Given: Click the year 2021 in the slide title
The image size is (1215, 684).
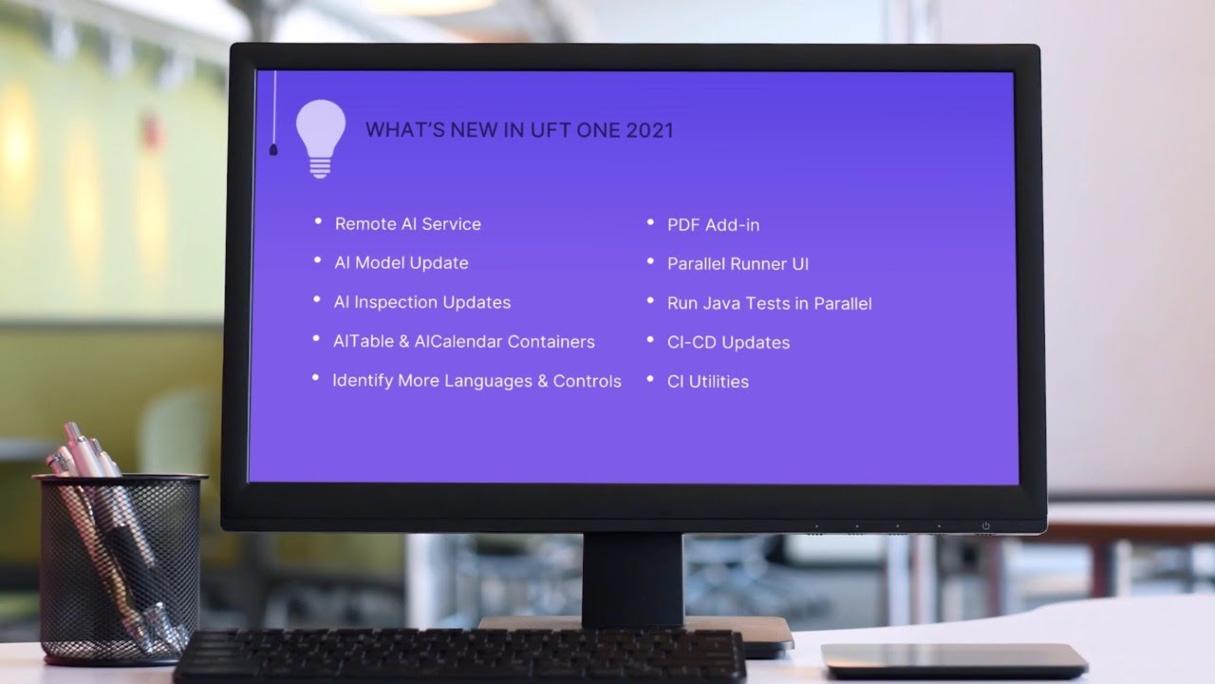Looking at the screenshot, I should tap(649, 130).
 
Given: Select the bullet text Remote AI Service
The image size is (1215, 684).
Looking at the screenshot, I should tap(407, 224).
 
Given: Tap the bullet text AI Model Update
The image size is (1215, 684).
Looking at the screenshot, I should tap(401, 263).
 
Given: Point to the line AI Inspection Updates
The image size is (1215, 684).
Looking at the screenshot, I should tap(421, 302).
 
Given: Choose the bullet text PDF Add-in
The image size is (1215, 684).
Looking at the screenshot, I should tap(713, 225).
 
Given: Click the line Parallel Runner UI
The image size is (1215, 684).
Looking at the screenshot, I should tap(738, 264).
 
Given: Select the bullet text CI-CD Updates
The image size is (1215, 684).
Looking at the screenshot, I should tap(728, 343).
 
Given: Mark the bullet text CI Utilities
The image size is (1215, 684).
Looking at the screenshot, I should tap(707, 382).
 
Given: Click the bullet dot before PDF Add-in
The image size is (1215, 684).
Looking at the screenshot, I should tap(650, 222).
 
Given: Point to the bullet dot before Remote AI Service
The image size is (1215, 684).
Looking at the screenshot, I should tap(318, 221).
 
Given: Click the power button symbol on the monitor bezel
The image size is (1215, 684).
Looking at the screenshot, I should tap(985, 525).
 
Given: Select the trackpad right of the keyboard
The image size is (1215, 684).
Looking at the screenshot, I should tap(953, 658).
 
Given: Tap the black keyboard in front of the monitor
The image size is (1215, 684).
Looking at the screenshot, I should tap(460, 656).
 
